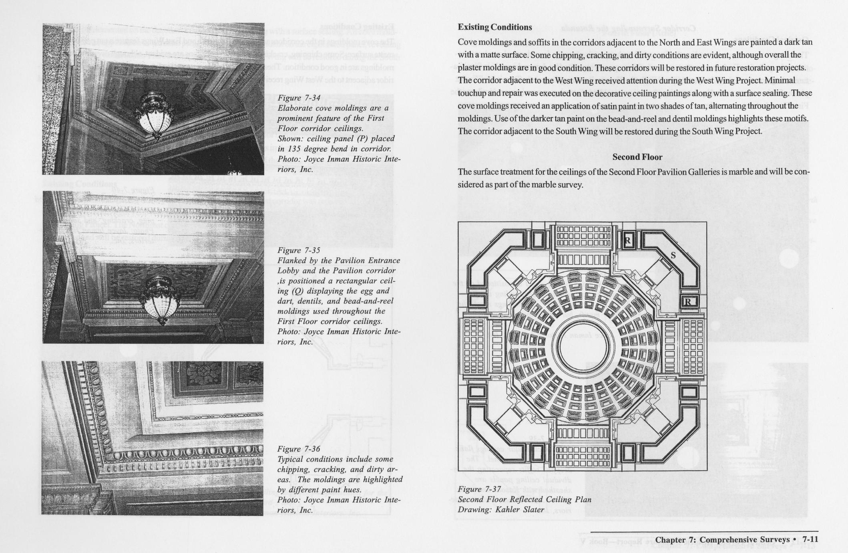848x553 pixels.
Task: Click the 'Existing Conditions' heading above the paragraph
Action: [x=494, y=27]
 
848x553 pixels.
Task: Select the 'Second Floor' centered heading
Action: [x=637, y=157]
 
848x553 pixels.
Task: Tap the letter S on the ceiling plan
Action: [x=673, y=255]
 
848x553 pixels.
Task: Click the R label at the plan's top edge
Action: [x=627, y=241]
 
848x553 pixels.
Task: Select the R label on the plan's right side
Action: [x=687, y=302]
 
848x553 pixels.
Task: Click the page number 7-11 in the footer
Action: [x=810, y=540]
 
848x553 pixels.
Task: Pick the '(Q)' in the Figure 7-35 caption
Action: [x=297, y=291]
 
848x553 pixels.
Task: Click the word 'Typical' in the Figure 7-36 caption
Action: [x=291, y=459]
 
